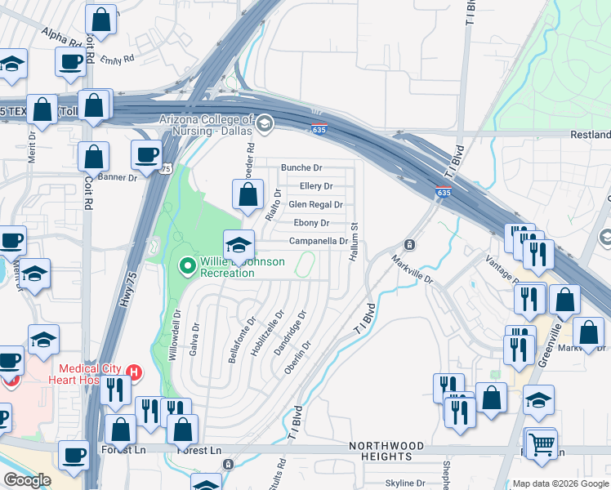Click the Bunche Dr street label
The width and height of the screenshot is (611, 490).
(301, 167)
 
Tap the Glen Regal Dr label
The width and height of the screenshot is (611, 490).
(315, 205)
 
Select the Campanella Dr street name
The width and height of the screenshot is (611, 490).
(319, 242)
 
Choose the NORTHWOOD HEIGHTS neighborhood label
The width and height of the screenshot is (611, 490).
(386, 451)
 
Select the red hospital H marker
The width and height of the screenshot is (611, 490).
(135, 372)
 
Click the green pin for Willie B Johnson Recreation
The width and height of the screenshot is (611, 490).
(187, 265)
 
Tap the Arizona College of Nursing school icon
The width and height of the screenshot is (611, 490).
(264, 124)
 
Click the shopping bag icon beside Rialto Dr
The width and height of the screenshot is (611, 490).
(248, 194)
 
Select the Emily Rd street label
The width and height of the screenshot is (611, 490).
(117, 60)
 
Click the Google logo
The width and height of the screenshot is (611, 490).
(27, 480)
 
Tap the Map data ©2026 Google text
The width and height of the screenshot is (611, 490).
(560, 483)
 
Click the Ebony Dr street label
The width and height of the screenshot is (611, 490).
(311, 223)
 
